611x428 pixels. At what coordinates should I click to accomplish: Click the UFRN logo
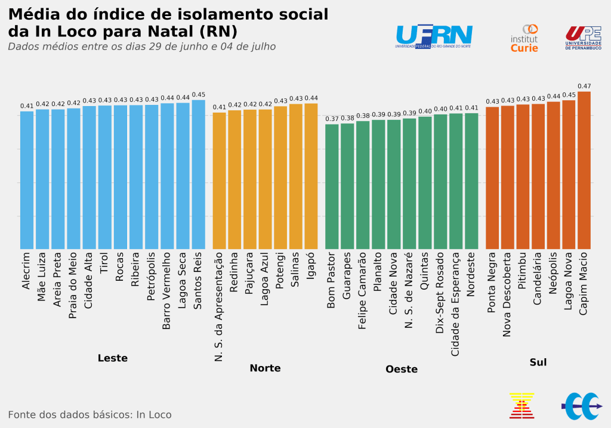tap(434, 36)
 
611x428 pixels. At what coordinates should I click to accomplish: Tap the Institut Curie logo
tap(524, 38)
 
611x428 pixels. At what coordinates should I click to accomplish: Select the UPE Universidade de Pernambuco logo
tap(583, 38)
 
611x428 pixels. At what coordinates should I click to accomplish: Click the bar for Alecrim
tap(27, 180)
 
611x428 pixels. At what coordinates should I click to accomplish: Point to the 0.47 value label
tap(584, 86)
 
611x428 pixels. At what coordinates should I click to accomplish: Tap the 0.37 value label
tap(332, 119)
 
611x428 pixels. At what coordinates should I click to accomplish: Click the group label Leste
tap(112, 358)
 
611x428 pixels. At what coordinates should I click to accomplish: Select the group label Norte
tap(265, 368)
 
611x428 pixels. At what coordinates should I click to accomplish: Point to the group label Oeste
tap(402, 370)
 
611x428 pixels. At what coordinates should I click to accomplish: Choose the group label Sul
tap(538, 362)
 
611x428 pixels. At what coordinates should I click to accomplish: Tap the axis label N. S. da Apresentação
tap(219, 306)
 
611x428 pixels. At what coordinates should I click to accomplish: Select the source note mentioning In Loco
tap(90, 415)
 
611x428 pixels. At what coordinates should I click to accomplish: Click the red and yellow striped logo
tap(521, 405)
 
